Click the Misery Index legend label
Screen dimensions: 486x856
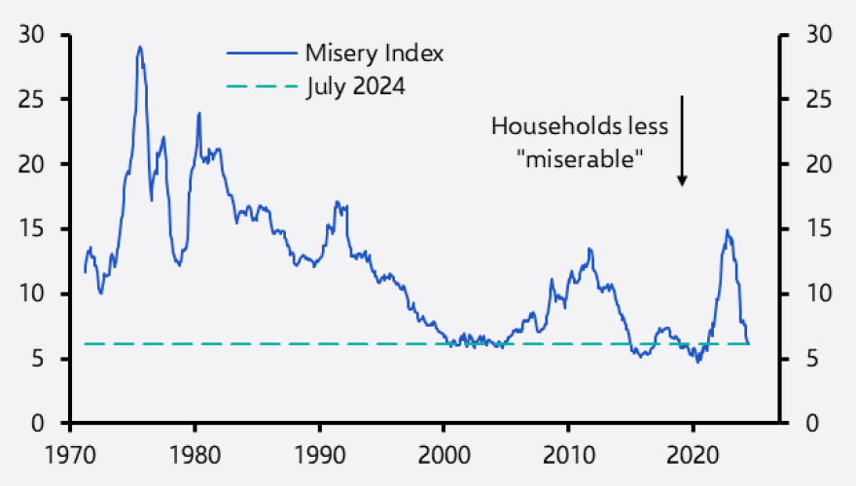pyautogui.click(x=374, y=53)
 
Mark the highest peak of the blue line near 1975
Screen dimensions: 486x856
pyautogui.click(x=139, y=47)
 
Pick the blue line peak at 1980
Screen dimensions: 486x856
pyautogui.click(x=198, y=113)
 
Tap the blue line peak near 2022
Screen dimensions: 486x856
pyautogui.click(x=726, y=230)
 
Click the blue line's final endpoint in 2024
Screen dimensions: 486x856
pyautogui.click(x=749, y=343)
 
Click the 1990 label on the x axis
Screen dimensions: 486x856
pyautogui.click(x=319, y=454)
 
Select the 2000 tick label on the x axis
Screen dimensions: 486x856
pyautogui.click(x=444, y=454)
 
